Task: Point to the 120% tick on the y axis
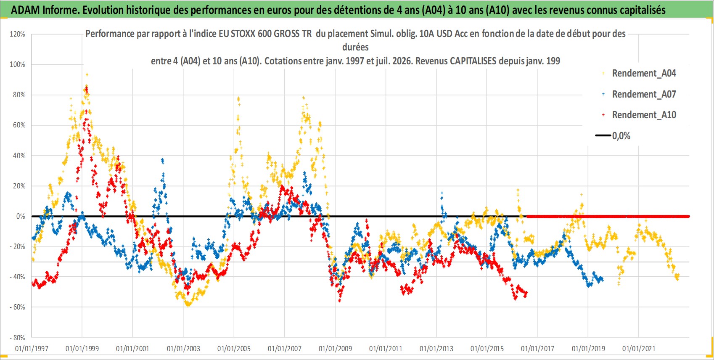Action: (17, 34)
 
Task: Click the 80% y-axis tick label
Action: (19, 95)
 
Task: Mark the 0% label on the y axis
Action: (21, 216)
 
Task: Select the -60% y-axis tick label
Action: (17, 307)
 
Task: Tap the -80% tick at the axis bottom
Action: (17, 337)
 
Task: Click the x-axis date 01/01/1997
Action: (32, 349)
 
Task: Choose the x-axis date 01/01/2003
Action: (183, 349)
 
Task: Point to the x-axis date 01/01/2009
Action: (335, 349)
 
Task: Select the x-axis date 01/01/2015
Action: (487, 349)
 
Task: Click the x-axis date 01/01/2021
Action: (639, 349)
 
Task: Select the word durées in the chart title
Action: (355, 47)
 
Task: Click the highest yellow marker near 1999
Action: (87, 74)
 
